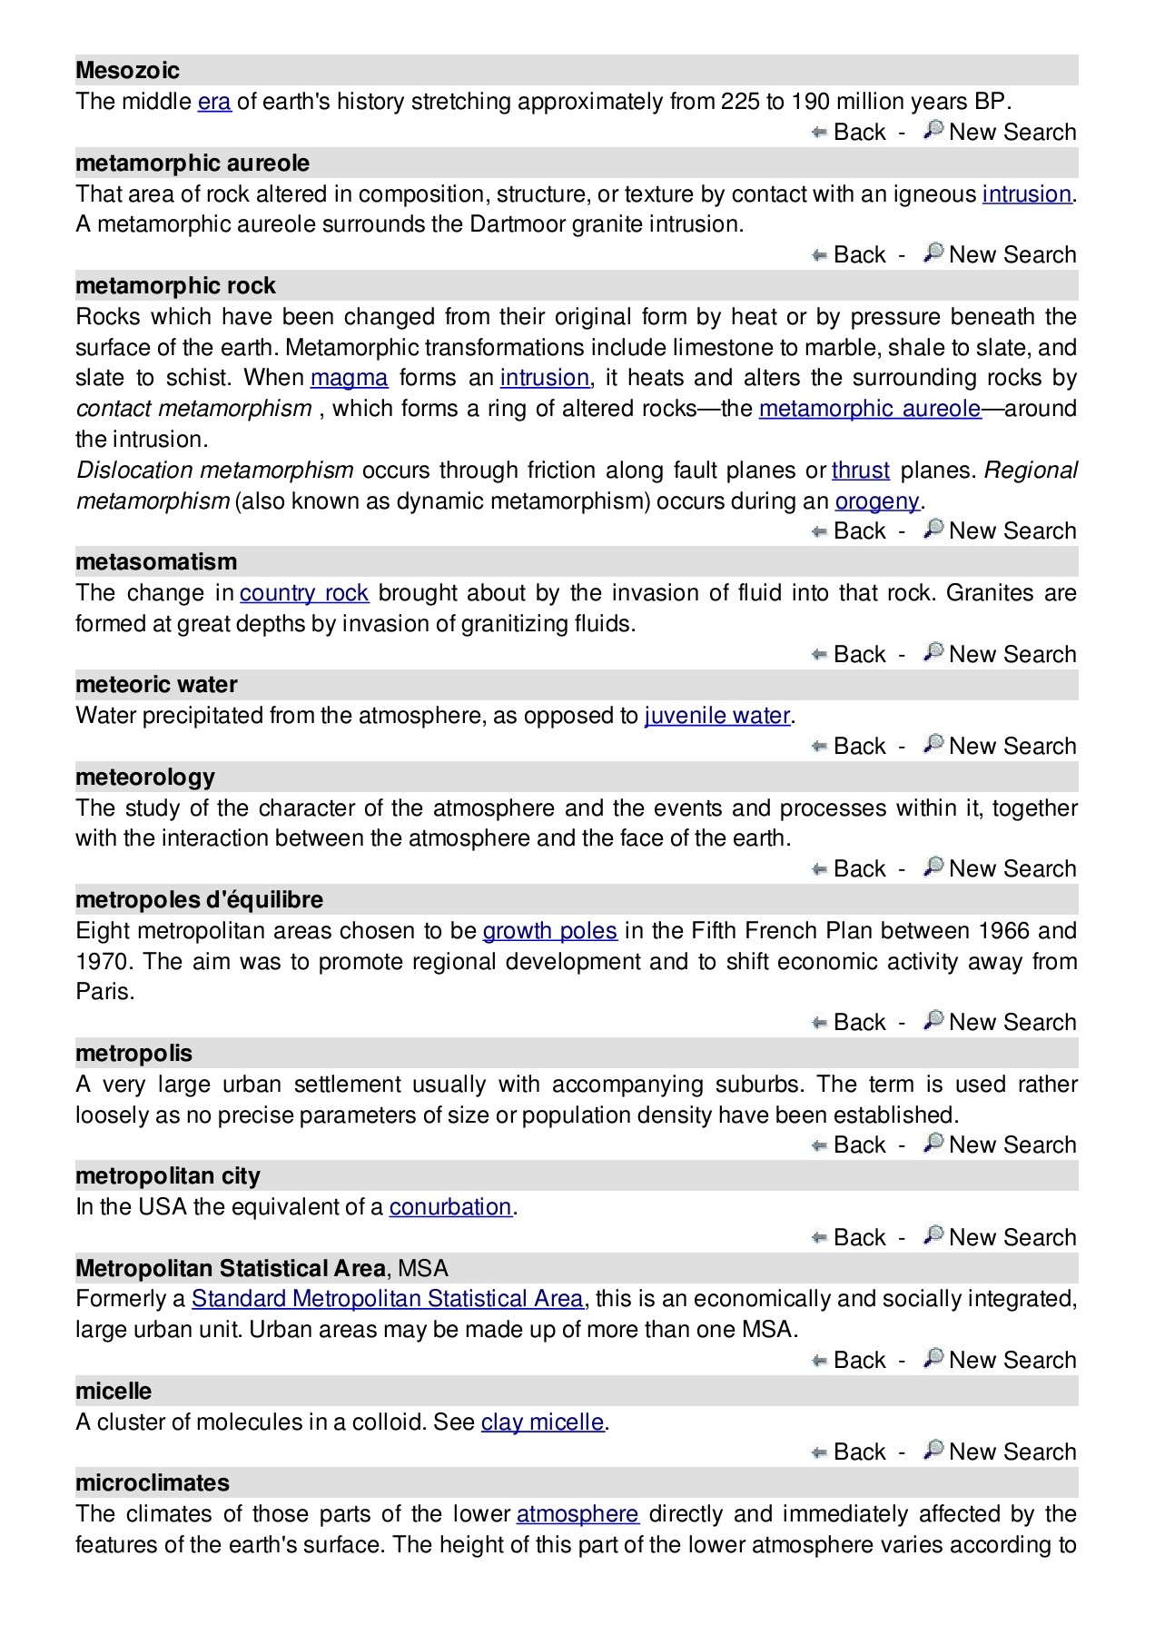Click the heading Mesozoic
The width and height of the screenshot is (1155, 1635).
coord(127,70)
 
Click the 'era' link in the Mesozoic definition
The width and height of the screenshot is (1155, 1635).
coord(214,101)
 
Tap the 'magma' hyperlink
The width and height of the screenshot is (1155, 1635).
coord(349,377)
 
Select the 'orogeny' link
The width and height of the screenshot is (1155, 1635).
coord(877,500)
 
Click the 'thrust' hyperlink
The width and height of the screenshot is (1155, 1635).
coord(860,470)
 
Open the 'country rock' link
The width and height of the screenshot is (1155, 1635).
coord(303,592)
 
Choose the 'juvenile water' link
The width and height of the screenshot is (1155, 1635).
coord(716,715)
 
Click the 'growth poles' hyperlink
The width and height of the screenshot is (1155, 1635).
coord(549,930)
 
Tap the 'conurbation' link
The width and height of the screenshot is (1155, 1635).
coord(450,1206)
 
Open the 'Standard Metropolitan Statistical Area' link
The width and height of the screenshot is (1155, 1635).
coord(387,1298)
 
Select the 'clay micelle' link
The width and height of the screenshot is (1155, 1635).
coord(542,1422)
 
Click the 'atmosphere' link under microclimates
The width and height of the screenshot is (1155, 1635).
coord(577,1513)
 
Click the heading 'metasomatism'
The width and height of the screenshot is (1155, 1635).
coord(156,561)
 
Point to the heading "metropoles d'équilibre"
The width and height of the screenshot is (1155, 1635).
coord(199,899)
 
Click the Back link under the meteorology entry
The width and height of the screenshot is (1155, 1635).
coord(859,868)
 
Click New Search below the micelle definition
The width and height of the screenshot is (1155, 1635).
coord(1012,1452)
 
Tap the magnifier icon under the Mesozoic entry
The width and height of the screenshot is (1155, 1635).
coord(933,130)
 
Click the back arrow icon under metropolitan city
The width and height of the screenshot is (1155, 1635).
coord(819,1237)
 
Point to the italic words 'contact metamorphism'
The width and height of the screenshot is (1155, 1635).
coord(193,408)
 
